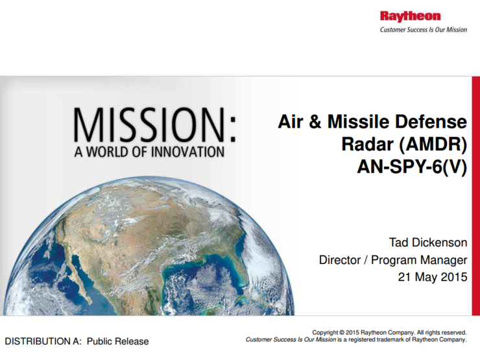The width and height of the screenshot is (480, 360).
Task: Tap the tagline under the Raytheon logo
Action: pos(423,30)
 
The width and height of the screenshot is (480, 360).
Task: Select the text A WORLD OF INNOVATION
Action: pos(149,152)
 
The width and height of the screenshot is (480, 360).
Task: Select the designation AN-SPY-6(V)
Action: pos(412,167)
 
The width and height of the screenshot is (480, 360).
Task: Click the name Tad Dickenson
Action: pos(427,243)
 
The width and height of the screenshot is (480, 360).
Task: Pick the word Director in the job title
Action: pos(340,260)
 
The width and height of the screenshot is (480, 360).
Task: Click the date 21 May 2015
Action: pos(432,278)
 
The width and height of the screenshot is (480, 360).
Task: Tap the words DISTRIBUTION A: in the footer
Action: pos(43,341)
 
